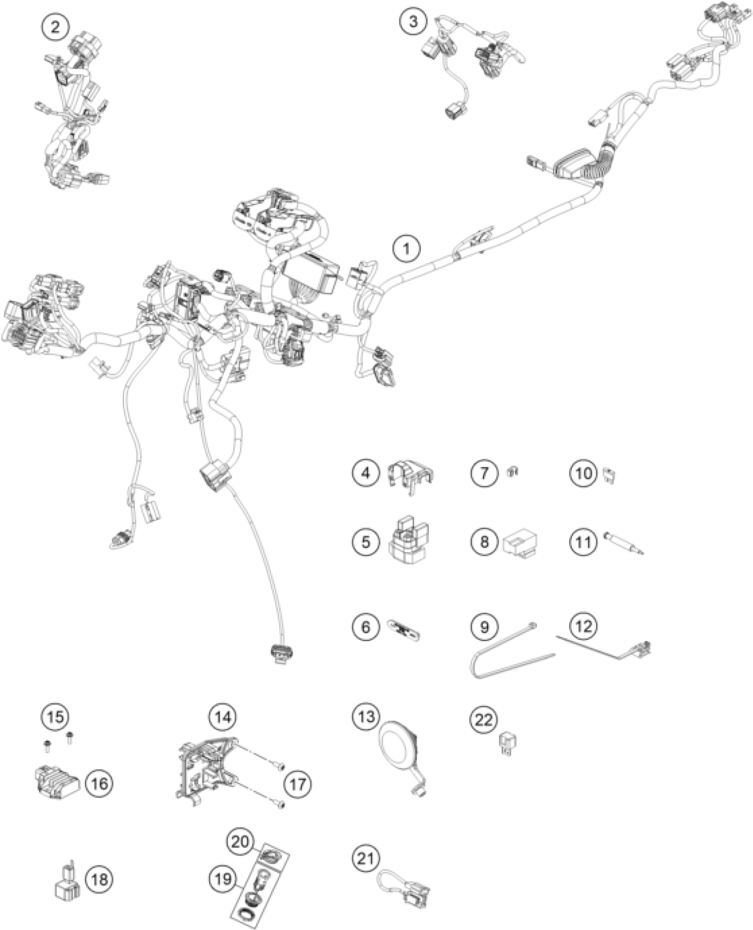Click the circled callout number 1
tap(407, 249)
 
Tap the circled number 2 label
tap(55, 27)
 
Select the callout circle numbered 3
tap(413, 21)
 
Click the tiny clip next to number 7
tap(512, 472)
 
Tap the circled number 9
tap(484, 627)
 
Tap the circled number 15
tap(55, 716)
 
